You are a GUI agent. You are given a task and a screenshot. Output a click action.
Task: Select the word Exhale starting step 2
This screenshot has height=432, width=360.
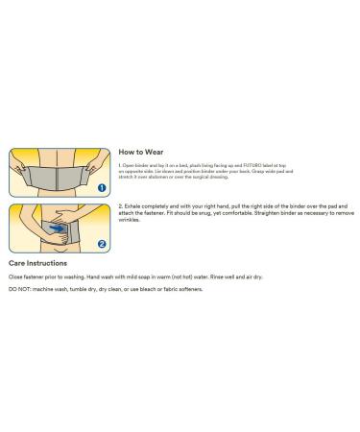click(132, 205)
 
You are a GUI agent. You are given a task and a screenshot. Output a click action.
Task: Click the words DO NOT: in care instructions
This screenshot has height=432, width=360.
click(19, 289)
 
